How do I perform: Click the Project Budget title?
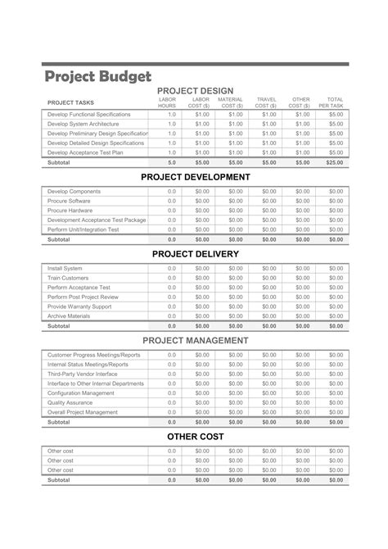coord(97,76)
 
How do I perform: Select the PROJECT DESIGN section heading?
coord(195,90)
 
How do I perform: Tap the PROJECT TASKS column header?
coord(72,102)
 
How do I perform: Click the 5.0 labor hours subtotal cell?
coord(172,162)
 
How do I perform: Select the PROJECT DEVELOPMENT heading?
coord(195,177)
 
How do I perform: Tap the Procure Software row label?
coord(69,201)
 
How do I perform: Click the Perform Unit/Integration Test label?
coord(83,229)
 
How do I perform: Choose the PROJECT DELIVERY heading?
coord(195,254)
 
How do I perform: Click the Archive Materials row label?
coord(70,315)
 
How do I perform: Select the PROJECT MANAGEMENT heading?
coord(195,340)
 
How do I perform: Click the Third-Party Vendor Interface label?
coord(83,374)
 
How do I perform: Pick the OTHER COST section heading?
coord(195,437)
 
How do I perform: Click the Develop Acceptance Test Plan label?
coord(86,152)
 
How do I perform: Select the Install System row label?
coord(65,268)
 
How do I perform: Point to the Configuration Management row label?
coord(81,392)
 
